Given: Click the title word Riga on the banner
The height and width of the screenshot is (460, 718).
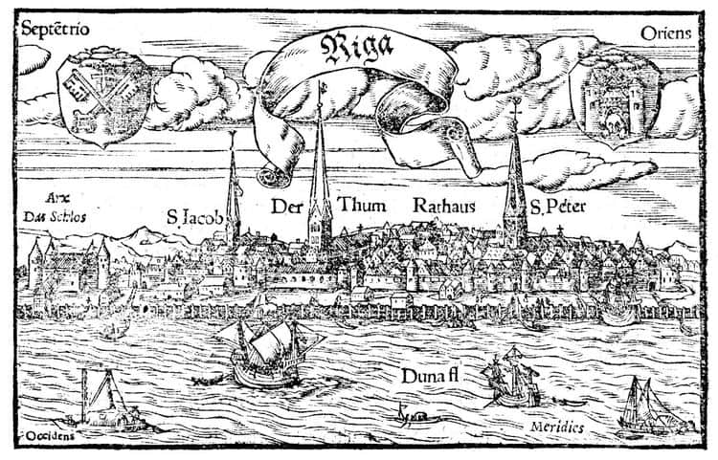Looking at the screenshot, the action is pos(357,49).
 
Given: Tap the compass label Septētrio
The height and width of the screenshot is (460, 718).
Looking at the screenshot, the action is pos(56,30).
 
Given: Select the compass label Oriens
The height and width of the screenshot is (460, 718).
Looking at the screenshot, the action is pos(665,33).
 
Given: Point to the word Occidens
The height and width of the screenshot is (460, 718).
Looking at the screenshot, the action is pos(50,436).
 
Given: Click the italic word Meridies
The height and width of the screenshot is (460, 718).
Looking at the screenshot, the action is pos(557,427).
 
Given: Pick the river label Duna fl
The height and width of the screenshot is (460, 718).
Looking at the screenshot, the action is pos(430,377).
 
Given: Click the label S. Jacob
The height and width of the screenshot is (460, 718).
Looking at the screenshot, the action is pos(194,217).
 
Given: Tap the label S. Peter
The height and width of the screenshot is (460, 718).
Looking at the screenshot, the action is pos(558,207).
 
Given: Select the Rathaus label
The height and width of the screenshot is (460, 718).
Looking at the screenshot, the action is pos(443,206).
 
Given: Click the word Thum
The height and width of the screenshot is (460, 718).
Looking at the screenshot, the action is pos(362,205).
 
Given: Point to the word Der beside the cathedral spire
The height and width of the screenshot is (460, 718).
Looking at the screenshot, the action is pos(286,207).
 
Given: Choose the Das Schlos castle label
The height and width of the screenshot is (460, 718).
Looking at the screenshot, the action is pos(55,217).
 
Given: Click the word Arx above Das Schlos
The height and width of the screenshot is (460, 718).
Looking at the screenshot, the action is pos(57,199).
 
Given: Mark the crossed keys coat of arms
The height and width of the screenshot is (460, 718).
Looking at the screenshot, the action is pos(103,97).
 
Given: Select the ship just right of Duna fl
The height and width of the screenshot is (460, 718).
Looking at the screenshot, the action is pos(512,378).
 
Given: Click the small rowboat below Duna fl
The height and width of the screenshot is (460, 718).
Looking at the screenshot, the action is pos(415,417).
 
